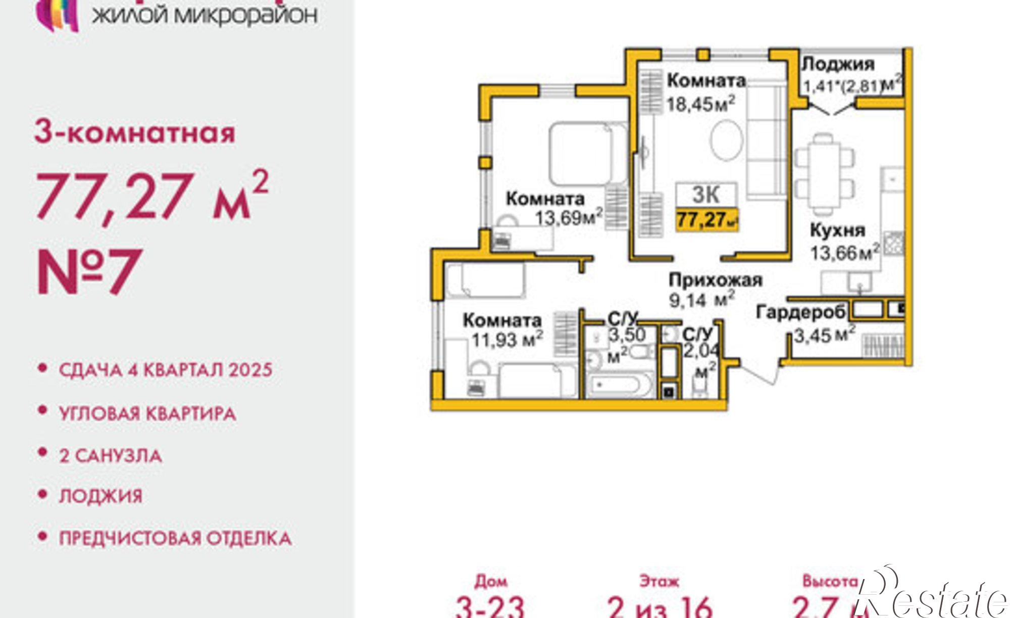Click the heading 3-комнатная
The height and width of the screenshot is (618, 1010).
tap(135, 133)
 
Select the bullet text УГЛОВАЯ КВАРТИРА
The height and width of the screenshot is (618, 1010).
tap(147, 414)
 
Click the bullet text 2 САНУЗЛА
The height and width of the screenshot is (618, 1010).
tap(111, 456)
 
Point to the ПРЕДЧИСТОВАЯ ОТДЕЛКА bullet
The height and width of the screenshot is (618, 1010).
tap(175, 538)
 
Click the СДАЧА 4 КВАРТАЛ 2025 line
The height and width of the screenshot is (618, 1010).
tap(166, 370)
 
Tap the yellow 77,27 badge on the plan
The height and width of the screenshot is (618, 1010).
tap(706, 220)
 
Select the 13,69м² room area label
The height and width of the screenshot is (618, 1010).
tap(569, 218)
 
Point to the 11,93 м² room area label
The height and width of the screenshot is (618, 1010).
tap(507, 340)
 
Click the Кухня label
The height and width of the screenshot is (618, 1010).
tap(837, 230)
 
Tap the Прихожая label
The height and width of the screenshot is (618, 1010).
tap(715, 280)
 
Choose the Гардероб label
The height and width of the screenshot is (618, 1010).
tap(800, 313)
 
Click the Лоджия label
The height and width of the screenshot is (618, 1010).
tap(838, 64)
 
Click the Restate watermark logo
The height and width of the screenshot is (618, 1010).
tap(934, 596)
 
